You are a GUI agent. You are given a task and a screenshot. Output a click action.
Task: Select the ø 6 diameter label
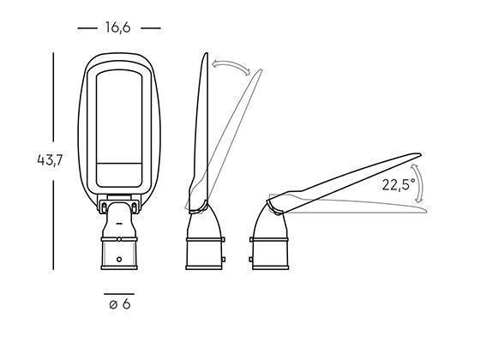click(119, 305)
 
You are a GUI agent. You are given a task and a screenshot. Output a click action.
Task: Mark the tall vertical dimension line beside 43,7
click(53, 159)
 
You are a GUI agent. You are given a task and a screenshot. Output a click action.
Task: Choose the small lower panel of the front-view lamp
click(119, 174)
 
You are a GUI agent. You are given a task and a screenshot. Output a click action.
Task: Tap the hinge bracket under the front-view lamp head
click(119, 206)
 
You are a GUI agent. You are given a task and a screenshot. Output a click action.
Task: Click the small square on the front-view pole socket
click(119, 257)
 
